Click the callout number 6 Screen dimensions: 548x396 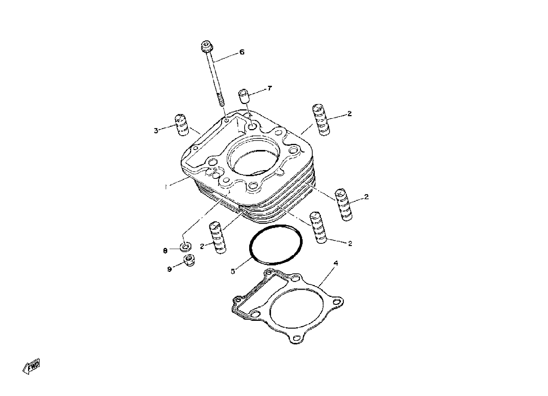[x=242, y=52]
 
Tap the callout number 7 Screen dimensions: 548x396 [x=269, y=88]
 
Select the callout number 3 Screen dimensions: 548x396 [x=156, y=131]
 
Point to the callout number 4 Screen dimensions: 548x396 [x=336, y=263]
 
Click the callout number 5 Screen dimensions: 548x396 [x=232, y=271]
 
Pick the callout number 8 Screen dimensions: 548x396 [x=165, y=251]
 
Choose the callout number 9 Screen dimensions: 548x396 [x=169, y=270]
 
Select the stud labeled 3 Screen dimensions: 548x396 [x=182, y=125]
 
